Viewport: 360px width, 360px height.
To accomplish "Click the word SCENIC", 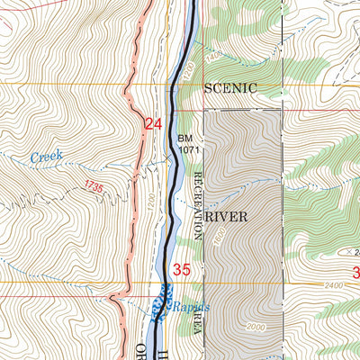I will [230, 88].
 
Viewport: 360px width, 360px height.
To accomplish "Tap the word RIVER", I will [226, 217].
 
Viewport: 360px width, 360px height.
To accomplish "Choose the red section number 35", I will [183, 269].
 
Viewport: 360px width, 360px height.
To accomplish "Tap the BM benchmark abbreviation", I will [185, 138].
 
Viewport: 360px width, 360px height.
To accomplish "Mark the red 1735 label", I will [93, 186].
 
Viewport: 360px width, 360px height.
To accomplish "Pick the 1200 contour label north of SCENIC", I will [186, 70].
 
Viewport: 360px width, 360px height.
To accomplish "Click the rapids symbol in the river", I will [162, 302].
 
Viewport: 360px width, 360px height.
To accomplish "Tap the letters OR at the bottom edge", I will [140, 351].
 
